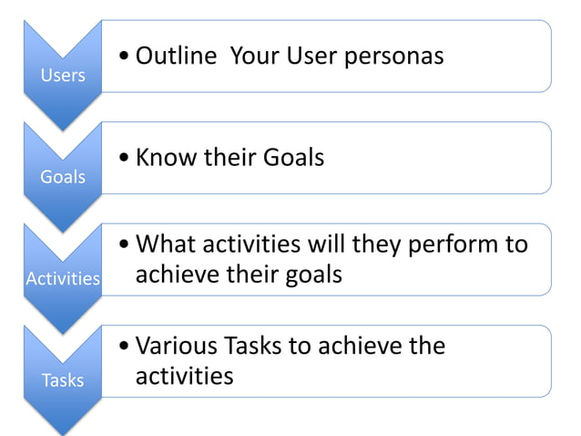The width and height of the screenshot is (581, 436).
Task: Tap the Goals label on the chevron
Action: coord(63,176)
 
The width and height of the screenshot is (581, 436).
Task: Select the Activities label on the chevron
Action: coord(63,278)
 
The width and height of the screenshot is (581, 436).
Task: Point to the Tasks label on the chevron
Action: coord(63,379)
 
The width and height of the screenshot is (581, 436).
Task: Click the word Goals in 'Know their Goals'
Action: coord(293,158)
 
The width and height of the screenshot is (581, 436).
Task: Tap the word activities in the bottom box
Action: coord(185,376)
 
